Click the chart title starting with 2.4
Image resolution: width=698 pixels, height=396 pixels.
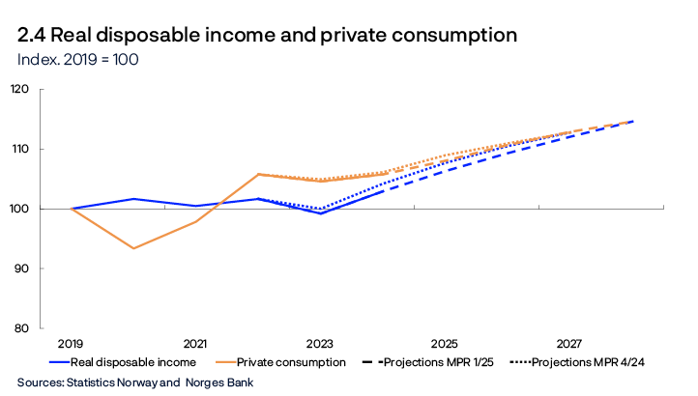point(267,36)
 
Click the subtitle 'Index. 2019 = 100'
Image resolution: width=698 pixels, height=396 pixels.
point(78,59)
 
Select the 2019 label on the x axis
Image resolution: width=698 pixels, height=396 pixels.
point(71,344)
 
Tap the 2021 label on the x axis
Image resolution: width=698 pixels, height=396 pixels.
point(195,344)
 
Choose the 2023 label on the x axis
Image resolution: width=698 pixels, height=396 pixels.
point(320,344)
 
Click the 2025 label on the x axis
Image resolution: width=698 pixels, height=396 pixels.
point(445,344)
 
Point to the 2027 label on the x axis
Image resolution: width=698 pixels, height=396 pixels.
point(569,344)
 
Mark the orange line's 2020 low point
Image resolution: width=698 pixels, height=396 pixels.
point(133,248)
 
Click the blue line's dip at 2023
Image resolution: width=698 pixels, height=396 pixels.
point(320,212)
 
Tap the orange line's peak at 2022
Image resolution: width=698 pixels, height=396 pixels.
point(258,174)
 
